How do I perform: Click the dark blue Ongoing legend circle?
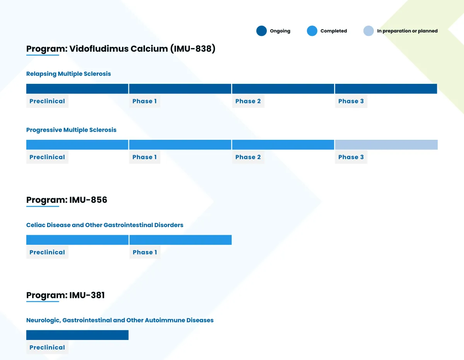[261, 31]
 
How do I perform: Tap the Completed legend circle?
[312, 31]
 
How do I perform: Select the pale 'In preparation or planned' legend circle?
[368, 31]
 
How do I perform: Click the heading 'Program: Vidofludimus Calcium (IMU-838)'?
[121, 49]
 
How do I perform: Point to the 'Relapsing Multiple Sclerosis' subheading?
[68, 74]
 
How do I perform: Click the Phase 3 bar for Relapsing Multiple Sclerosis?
[386, 89]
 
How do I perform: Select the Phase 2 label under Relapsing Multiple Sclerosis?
[248, 101]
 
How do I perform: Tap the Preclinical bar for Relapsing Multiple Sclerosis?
[77, 89]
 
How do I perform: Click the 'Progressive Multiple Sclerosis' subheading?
[71, 130]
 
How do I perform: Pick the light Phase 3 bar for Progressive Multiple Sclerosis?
[386, 145]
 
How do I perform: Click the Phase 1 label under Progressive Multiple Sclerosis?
[144, 157]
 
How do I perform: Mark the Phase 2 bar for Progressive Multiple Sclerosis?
[283, 145]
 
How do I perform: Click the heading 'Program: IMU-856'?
[67, 200]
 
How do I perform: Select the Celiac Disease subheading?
[105, 225]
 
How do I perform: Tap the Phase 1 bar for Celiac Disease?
[180, 240]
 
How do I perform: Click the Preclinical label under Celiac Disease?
[47, 252]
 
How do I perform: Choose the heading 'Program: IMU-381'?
[65, 295]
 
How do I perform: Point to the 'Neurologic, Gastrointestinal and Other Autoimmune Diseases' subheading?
[120, 320]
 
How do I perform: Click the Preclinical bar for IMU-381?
[77, 335]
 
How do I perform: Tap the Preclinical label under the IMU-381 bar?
[47, 347]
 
